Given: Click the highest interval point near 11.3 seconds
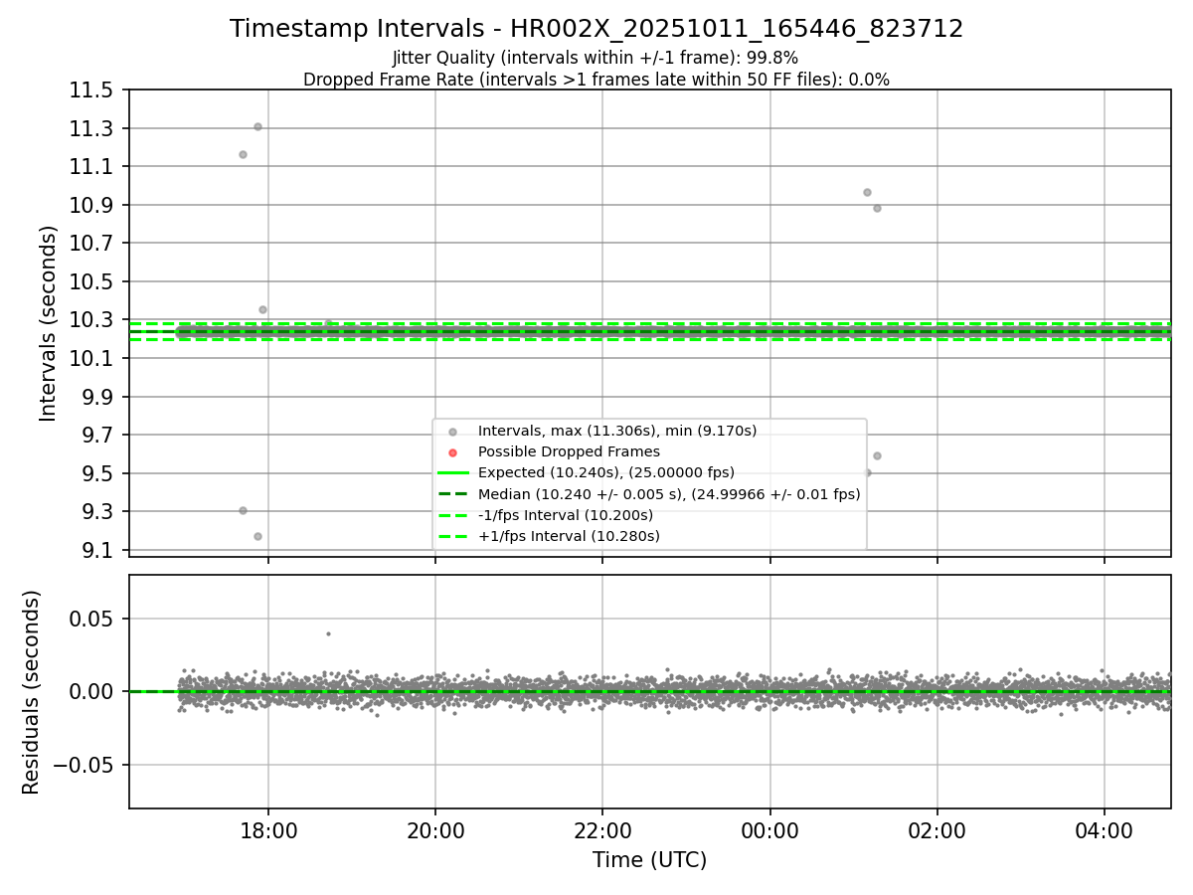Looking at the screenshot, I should click(x=257, y=126).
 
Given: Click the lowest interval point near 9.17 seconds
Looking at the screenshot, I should click(x=257, y=536).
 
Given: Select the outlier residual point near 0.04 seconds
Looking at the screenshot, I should click(x=328, y=633).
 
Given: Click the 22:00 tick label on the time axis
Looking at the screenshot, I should click(x=602, y=830).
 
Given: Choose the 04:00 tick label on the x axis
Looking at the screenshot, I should click(x=1105, y=830).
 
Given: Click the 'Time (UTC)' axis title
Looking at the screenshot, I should click(x=649, y=860).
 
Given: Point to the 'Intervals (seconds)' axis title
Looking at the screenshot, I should click(x=49, y=323).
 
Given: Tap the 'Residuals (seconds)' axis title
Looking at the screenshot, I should click(x=31, y=692).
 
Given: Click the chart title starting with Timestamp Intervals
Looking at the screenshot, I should click(x=596, y=29).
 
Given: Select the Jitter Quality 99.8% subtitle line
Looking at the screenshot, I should click(x=596, y=58).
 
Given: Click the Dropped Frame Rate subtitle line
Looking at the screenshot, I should click(x=596, y=80).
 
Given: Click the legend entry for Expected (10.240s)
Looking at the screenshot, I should click(x=605, y=472).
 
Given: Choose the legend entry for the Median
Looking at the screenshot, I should click(x=668, y=493).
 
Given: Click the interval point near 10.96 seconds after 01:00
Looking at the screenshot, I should click(x=867, y=192).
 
